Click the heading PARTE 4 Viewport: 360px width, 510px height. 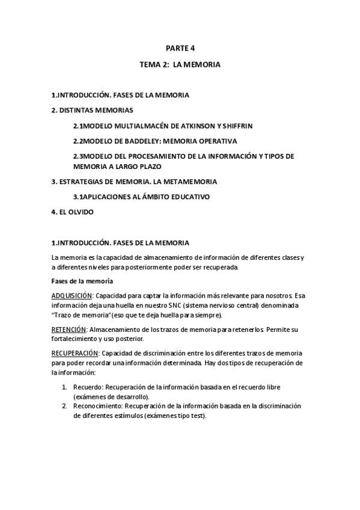pos(180,49)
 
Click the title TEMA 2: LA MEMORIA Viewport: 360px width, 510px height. pos(180,64)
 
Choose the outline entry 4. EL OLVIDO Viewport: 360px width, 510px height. pos(72,212)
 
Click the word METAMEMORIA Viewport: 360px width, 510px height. pos(189,181)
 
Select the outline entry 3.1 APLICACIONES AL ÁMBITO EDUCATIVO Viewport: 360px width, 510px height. pos(141,197)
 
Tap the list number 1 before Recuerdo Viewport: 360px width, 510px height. pos(64,386)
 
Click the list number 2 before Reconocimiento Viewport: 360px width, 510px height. pos(64,406)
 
